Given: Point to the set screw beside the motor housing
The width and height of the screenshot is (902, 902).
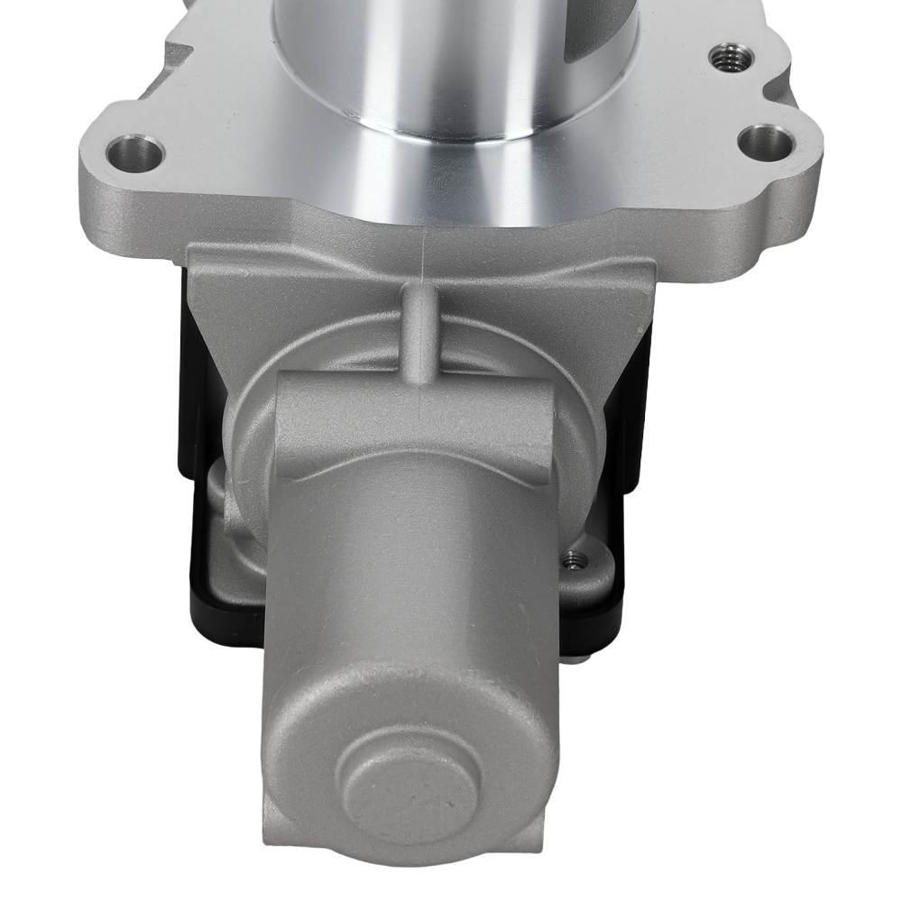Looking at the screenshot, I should point(570,563).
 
